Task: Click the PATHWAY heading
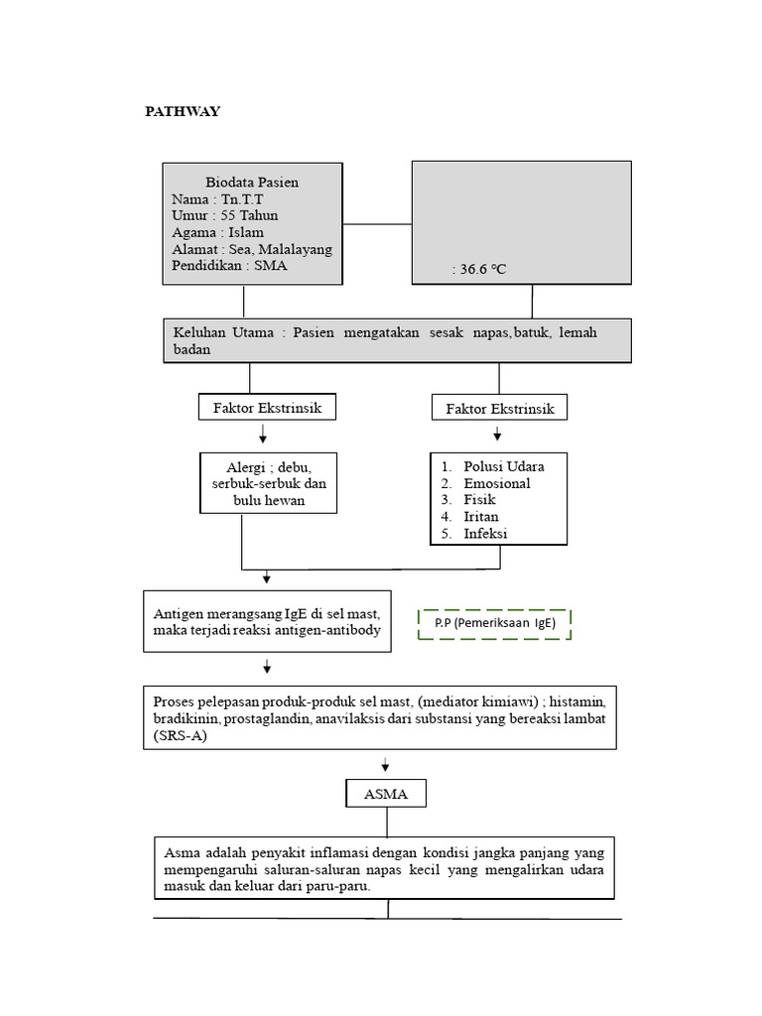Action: pos(183,111)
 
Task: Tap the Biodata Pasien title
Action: pos(252,183)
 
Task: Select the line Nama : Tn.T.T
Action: pos(210,199)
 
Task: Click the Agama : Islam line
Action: pos(217,232)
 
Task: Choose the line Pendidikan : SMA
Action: pos(229,266)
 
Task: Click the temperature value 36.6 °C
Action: pos(482,269)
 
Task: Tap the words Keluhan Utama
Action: pos(223,332)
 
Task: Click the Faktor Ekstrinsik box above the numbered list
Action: pos(499,408)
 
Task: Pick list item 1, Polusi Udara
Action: pos(504,466)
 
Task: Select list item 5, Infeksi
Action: pos(486,534)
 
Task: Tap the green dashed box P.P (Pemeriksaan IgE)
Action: pos(494,624)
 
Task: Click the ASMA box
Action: pos(386,795)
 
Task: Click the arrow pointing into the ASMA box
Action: pos(386,766)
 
